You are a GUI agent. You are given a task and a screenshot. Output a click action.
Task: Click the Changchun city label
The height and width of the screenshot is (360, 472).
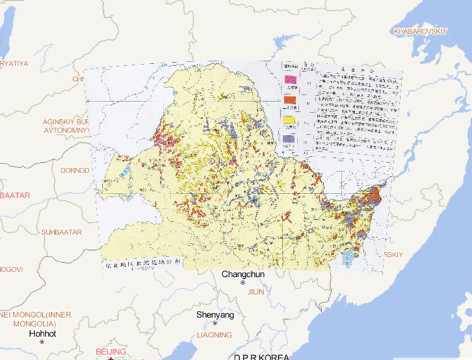(x=243, y=274)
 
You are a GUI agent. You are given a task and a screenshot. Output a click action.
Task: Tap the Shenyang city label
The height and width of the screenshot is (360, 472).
(x=215, y=315)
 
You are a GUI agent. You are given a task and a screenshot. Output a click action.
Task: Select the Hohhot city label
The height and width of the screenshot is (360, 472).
(x=42, y=334)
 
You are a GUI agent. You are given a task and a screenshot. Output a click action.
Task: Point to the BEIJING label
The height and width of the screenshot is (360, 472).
(x=111, y=351)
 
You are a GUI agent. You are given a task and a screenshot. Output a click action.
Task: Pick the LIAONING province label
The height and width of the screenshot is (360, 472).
(x=214, y=335)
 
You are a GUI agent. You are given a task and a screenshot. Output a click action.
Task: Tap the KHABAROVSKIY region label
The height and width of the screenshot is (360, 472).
(x=421, y=31)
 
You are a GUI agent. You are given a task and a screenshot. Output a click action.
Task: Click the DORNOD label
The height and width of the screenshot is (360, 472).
(x=74, y=170)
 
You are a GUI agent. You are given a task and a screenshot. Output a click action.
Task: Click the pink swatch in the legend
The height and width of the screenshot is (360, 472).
(x=289, y=79)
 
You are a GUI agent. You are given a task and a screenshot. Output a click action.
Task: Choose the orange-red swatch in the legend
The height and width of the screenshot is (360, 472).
(x=289, y=99)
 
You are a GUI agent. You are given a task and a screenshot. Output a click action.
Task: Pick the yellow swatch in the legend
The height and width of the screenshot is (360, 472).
(x=289, y=120)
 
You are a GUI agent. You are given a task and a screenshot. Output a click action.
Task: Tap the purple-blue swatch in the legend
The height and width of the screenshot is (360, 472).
(x=289, y=140)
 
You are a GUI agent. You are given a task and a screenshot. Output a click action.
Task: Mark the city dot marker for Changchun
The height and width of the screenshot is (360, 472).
(x=243, y=283)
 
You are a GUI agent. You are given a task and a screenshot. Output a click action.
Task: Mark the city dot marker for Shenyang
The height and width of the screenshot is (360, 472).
(x=215, y=323)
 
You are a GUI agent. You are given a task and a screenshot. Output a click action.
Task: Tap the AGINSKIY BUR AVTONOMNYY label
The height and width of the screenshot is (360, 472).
(x=66, y=125)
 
